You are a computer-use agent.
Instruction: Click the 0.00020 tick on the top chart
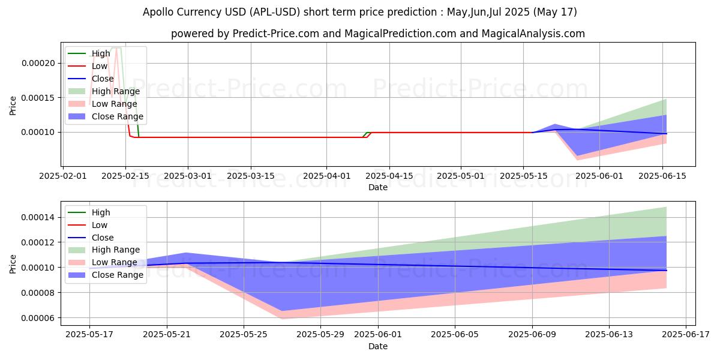click(39, 64)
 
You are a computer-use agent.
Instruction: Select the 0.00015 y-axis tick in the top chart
click(39, 98)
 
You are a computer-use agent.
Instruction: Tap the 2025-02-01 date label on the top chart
click(63, 176)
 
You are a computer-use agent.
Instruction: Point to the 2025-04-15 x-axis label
click(389, 176)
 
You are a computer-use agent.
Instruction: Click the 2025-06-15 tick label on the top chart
click(662, 176)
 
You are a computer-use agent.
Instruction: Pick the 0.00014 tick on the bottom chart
click(39, 217)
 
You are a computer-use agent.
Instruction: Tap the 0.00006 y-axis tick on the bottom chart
click(39, 318)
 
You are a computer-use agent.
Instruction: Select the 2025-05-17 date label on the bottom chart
click(89, 335)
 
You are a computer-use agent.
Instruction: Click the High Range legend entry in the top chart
click(115, 91)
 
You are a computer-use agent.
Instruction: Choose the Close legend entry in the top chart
click(103, 79)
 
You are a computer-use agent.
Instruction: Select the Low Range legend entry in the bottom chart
click(114, 262)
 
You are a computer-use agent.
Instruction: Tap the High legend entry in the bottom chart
click(101, 212)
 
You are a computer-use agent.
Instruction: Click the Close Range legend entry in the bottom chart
click(117, 275)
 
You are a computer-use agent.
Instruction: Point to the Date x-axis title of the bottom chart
click(378, 346)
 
